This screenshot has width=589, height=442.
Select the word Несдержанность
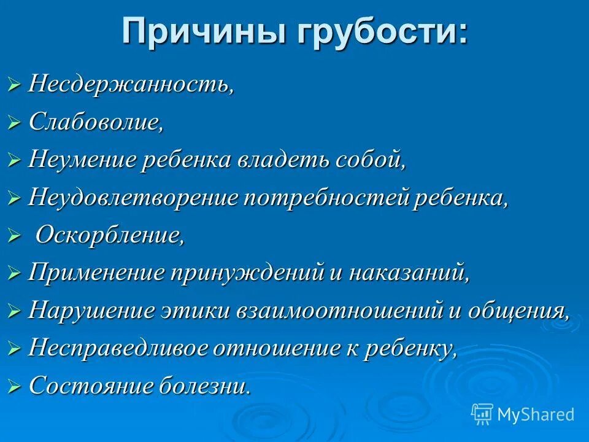[x=131, y=84]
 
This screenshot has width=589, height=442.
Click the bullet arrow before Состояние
[x=15, y=386]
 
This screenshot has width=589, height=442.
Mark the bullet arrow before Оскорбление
[x=15, y=236]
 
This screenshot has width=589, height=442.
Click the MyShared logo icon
[x=482, y=414]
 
